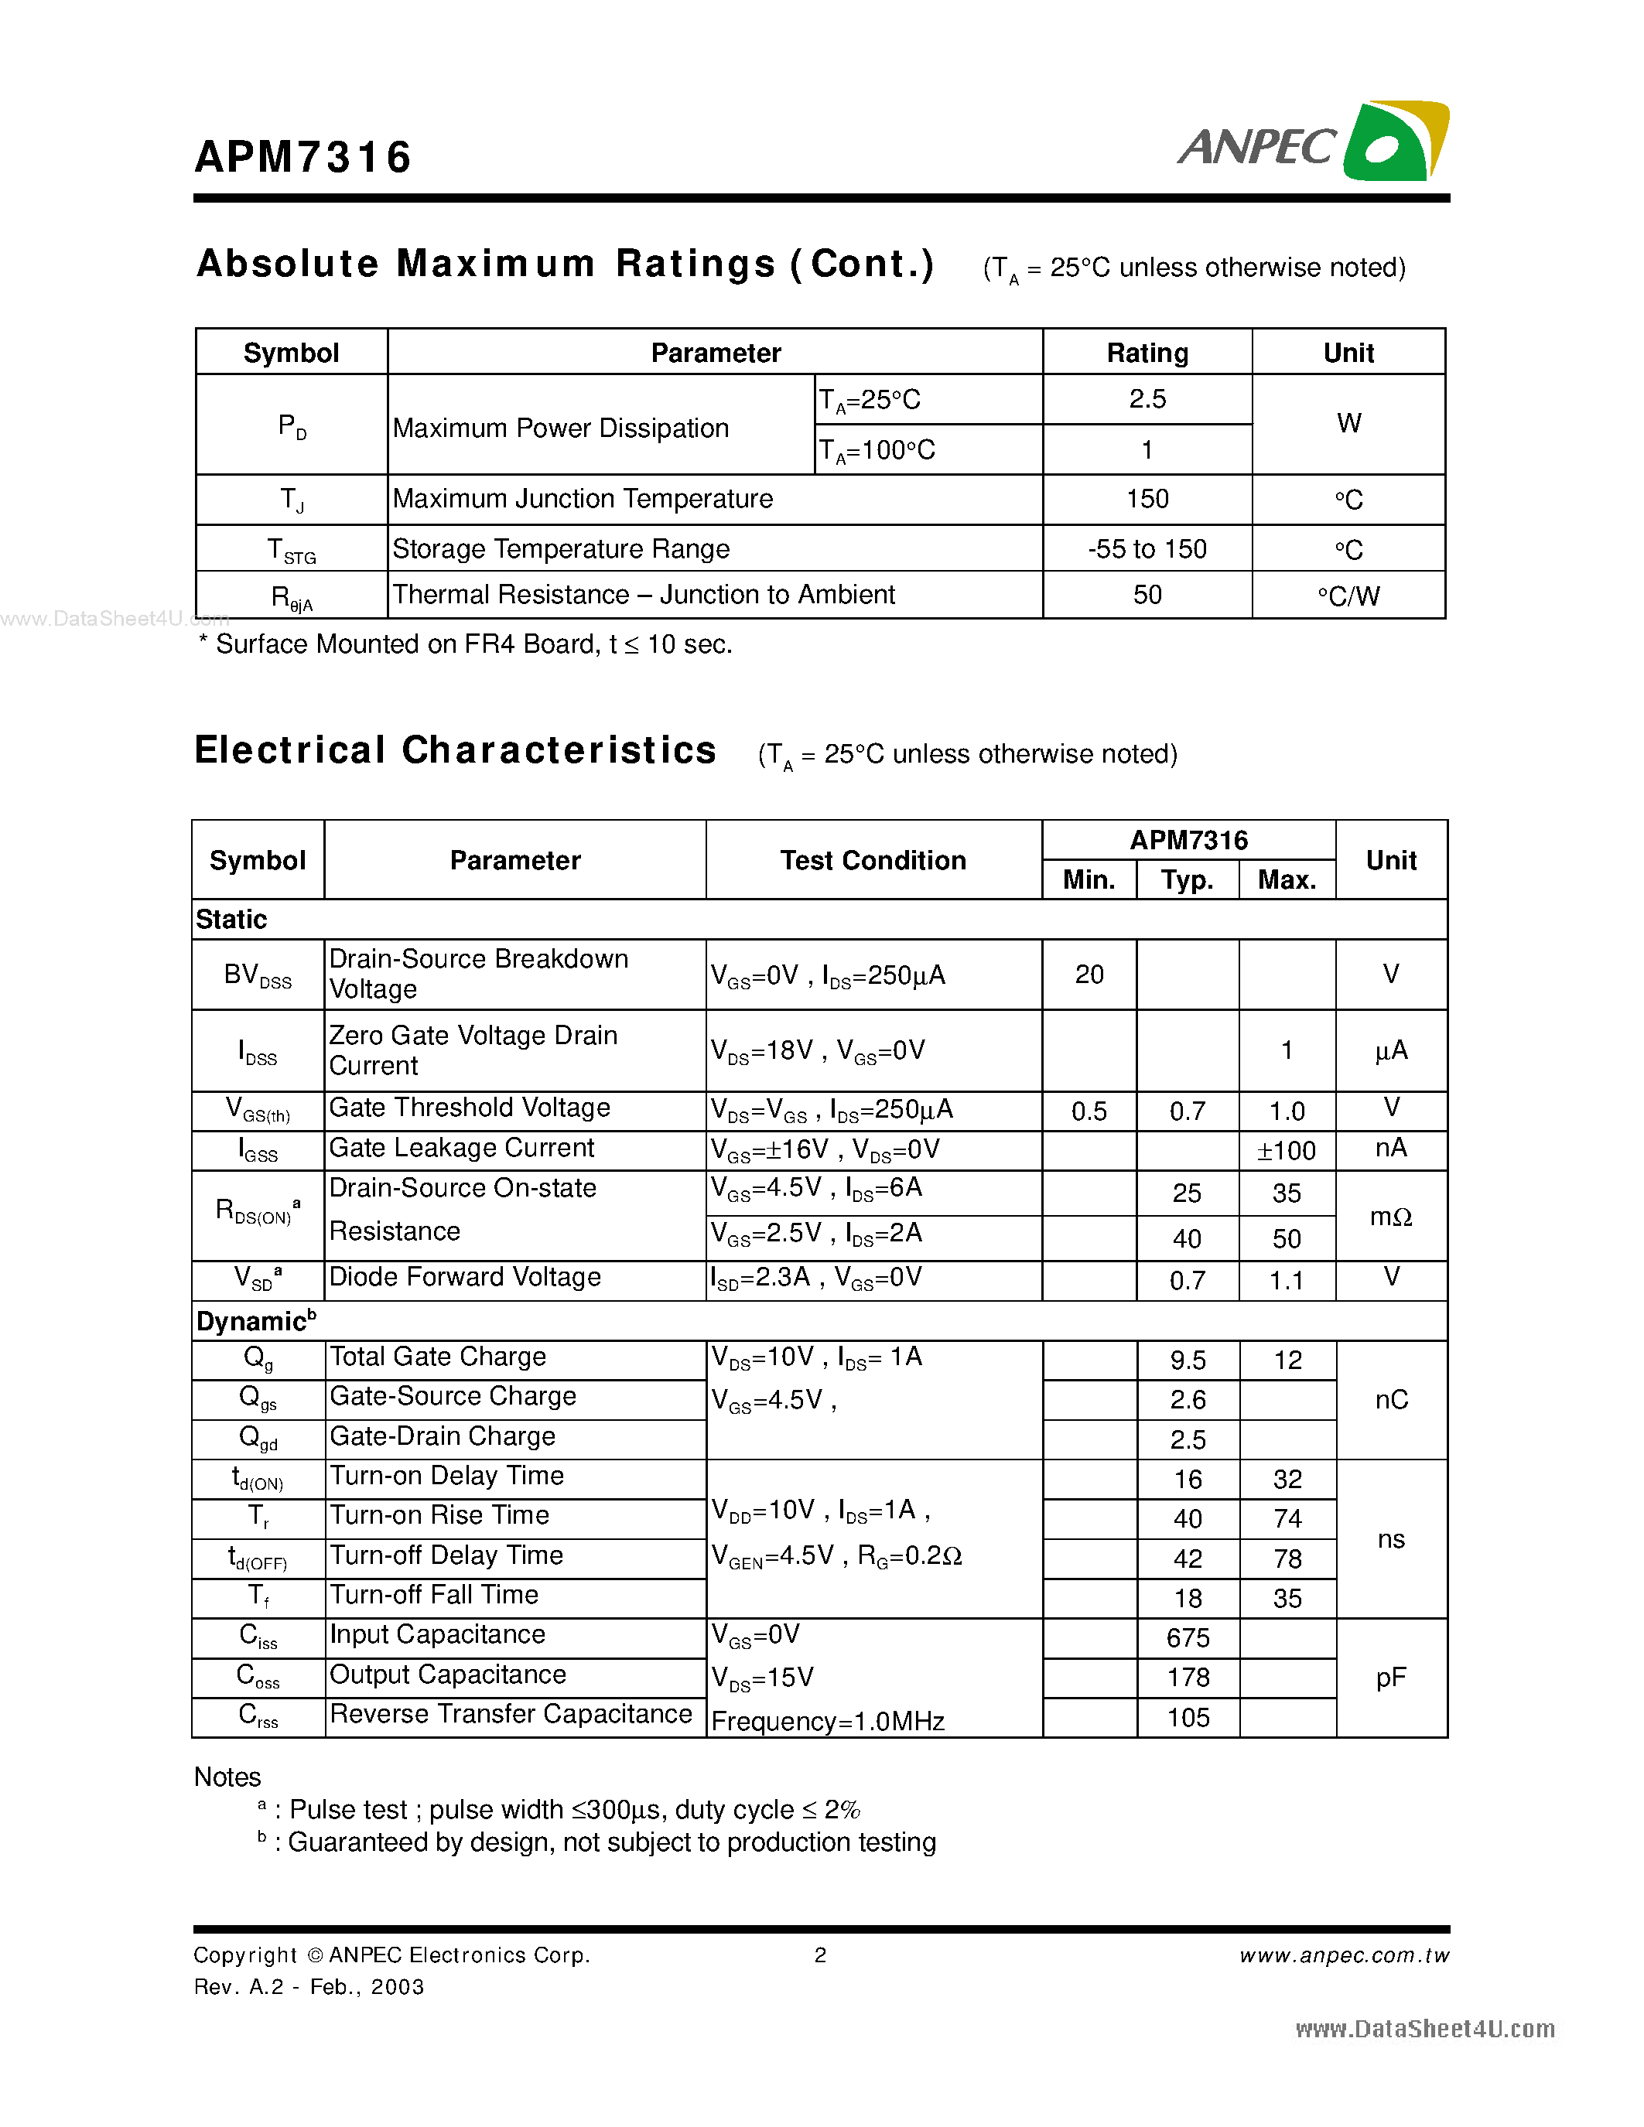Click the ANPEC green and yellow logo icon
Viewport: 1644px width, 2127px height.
(1395, 142)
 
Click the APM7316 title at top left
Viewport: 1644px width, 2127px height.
(303, 158)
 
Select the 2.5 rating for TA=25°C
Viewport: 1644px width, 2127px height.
(1147, 399)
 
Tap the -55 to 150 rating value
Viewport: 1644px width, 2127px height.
(1147, 549)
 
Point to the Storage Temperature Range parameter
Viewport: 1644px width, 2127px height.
(560, 549)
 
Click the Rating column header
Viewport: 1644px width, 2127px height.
(1147, 353)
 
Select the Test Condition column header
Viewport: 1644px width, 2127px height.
(873, 860)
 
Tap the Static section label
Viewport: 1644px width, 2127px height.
(232, 920)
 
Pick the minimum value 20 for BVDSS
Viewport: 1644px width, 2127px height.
(1088, 975)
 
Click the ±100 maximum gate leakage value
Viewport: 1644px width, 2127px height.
(1286, 1151)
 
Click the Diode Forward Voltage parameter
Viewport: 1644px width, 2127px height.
(464, 1277)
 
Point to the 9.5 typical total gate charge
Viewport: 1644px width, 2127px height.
(1188, 1361)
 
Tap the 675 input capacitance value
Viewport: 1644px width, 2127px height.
(1188, 1638)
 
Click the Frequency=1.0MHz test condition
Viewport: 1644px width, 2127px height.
(828, 1722)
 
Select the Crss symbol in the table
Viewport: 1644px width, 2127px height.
(258, 1716)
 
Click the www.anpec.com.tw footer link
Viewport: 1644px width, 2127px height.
(1343, 1955)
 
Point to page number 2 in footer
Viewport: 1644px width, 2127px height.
(820, 1955)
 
